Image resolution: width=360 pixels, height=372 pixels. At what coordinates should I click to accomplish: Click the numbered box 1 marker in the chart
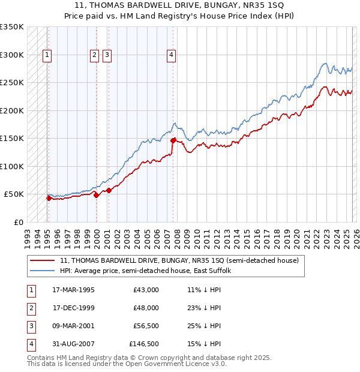47,55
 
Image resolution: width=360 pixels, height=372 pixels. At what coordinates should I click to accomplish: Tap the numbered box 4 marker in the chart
171,55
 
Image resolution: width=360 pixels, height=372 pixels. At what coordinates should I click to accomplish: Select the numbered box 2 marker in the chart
95,55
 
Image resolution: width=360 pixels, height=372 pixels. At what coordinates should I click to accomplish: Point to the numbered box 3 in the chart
107,55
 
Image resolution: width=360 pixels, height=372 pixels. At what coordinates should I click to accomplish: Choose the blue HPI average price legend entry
149,271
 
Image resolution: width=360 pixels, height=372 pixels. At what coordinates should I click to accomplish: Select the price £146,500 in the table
144,344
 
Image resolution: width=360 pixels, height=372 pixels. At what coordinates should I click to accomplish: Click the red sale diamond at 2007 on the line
173,140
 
